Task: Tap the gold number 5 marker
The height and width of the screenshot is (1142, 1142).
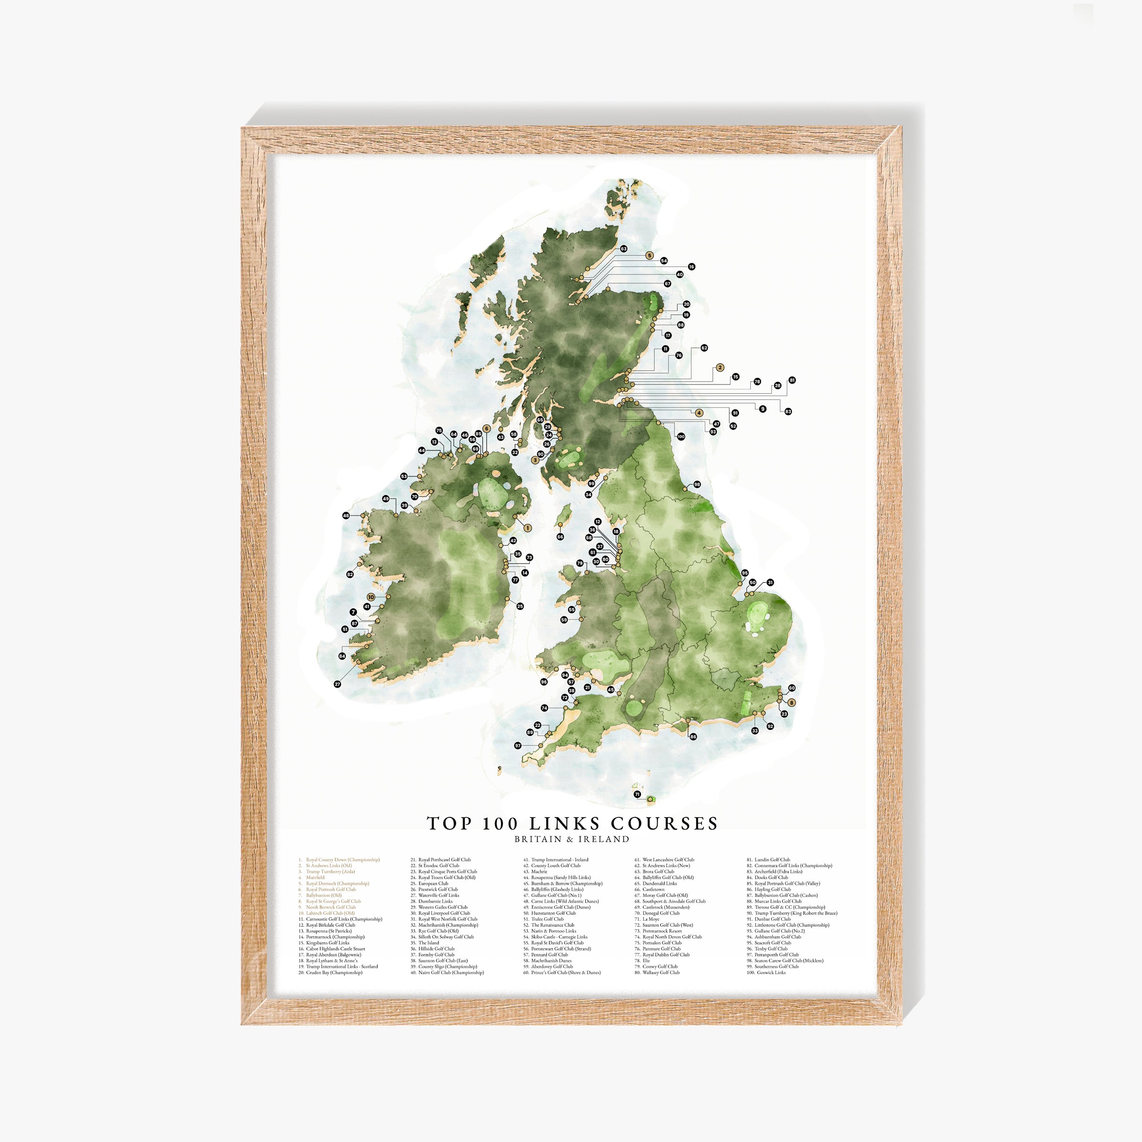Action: click(650, 256)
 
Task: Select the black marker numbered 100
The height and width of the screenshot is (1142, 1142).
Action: click(681, 437)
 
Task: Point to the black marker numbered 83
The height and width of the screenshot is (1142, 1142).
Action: click(788, 412)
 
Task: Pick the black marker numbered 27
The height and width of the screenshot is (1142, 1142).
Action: click(337, 684)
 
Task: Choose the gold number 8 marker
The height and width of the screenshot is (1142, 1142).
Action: click(791, 702)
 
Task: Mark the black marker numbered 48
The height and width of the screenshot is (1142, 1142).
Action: click(346, 515)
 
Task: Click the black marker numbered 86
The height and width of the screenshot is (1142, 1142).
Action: click(693, 737)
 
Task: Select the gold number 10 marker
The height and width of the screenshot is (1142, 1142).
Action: click(371, 597)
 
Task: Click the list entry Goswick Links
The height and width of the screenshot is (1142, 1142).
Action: click(771, 972)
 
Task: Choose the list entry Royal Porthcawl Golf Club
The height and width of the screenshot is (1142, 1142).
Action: click(444, 860)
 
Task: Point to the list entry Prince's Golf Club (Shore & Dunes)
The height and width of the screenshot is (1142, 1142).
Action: click(565, 972)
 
